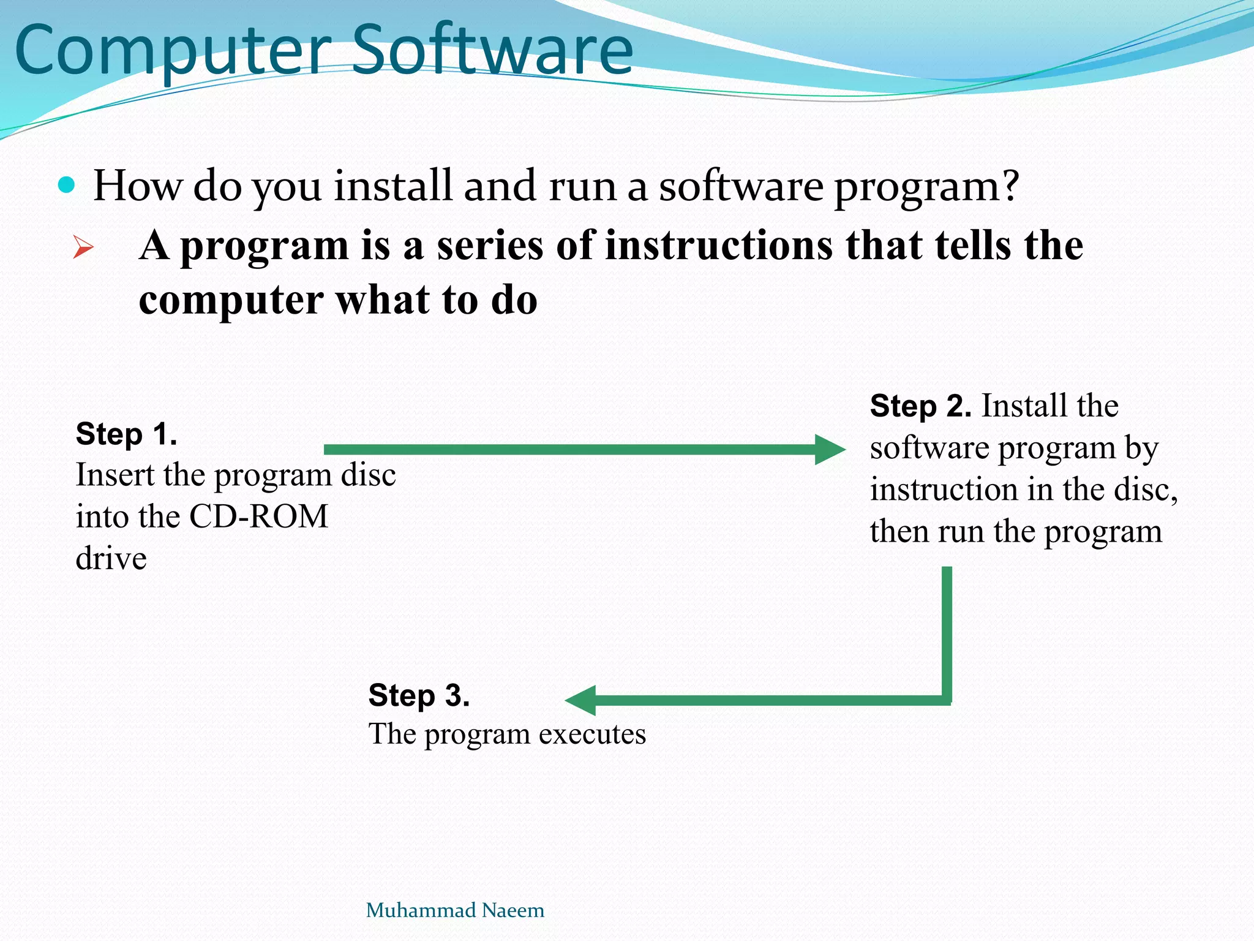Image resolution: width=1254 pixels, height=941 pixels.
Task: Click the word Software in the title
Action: click(x=493, y=50)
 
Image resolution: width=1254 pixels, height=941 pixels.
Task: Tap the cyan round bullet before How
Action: click(x=66, y=184)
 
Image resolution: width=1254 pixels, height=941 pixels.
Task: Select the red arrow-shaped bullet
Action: click(x=83, y=248)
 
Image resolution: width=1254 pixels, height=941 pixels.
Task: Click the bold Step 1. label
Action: click(x=127, y=434)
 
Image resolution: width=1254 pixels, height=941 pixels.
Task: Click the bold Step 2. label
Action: click(x=920, y=406)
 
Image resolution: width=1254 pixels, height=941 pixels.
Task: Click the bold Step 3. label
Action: click(x=419, y=695)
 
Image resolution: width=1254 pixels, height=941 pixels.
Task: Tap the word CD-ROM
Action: click(x=258, y=516)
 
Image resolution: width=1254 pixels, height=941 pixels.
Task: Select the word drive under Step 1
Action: click(x=111, y=559)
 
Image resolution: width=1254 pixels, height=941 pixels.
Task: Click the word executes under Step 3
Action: click(x=592, y=734)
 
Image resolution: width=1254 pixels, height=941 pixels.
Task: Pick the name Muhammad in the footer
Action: click(x=421, y=910)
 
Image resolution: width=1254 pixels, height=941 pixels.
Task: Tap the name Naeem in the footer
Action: click(x=513, y=910)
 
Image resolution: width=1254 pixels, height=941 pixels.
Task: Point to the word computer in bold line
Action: click(x=231, y=301)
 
